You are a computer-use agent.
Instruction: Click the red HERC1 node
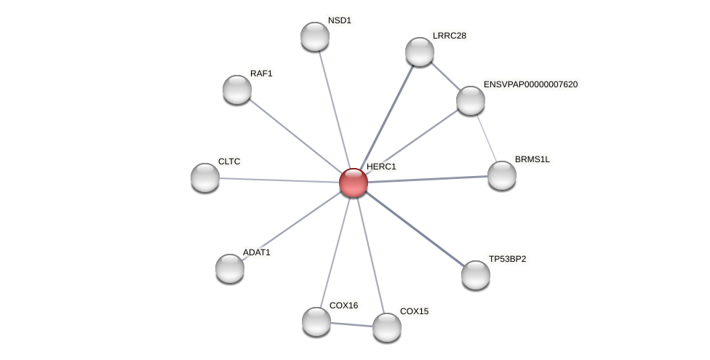[x=354, y=183]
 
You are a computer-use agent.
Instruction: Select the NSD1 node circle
[x=315, y=36]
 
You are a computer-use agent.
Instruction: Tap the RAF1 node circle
[x=237, y=89]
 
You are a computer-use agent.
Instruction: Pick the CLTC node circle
[x=205, y=177]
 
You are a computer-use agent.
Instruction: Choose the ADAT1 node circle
[x=230, y=268]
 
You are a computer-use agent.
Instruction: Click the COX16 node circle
[x=316, y=321]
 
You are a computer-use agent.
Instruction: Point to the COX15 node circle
[x=387, y=327]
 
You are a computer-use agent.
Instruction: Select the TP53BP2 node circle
[x=476, y=275]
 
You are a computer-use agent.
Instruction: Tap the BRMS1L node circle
[x=502, y=175]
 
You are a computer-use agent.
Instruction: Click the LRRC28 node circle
[x=420, y=52]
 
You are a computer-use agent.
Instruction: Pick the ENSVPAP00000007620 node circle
[x=471, y=100]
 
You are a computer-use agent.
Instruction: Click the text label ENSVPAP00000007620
[x=530, y=84]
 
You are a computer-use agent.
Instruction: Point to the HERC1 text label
[x=381, y=167]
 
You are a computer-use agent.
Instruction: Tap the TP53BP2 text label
[x=507, y=259]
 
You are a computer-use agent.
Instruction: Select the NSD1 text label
[x=339, y=20]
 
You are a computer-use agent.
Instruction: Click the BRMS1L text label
[x=532, y=159]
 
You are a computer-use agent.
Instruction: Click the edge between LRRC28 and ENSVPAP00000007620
[x=445, y=76]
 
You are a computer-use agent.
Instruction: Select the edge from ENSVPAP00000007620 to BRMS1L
[x=486, y=137]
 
